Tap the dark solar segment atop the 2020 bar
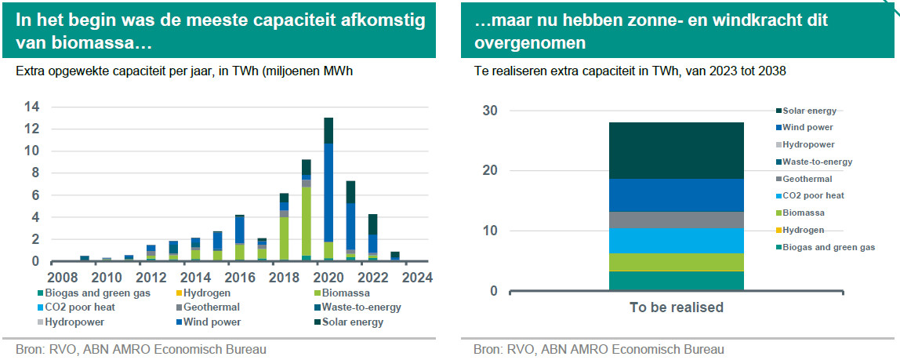(328, 130)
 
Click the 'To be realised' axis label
(676, 307)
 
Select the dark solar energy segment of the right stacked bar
(676, 150)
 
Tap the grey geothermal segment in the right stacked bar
(676, 220)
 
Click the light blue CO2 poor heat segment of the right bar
(676, 241)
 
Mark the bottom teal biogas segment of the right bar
(676, 281)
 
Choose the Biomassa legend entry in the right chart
(804, 213)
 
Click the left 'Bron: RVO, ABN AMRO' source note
(141, 349)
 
